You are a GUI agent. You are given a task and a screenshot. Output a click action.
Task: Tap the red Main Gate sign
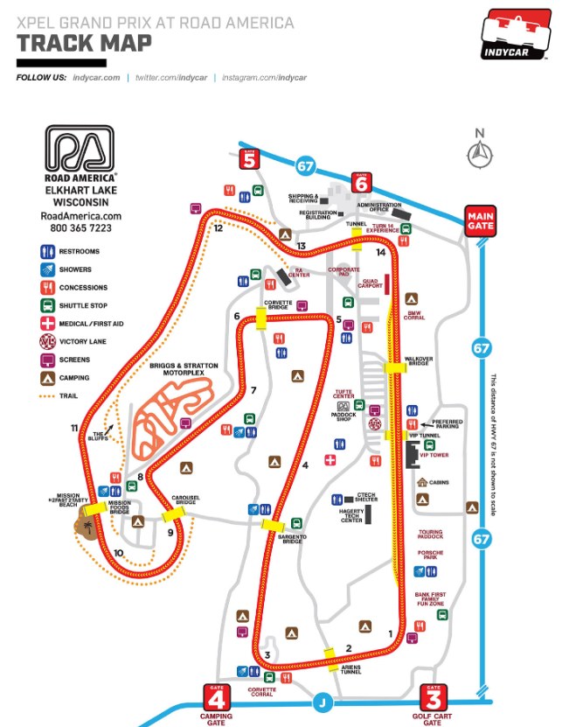coord(481,219)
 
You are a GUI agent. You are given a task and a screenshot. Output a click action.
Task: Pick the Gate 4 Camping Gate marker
coord(216,698)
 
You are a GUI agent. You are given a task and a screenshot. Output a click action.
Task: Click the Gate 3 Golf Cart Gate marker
coord(433,698)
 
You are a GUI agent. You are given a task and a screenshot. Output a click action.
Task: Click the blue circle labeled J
coord(323,702)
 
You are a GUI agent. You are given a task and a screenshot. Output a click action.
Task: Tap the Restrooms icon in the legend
coord(48,251)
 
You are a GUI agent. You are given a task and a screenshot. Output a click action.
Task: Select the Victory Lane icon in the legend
coord(48,341)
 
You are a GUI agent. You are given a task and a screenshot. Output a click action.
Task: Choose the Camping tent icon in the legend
coord(48,378)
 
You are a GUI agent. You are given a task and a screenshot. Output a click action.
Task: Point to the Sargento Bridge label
coord(292,539)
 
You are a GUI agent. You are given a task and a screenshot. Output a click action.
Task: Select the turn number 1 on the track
coord(390,633)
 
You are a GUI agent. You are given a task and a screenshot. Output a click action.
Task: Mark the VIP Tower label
coord(434,455)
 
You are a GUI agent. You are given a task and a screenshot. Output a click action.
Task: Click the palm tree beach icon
coord(86,525)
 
